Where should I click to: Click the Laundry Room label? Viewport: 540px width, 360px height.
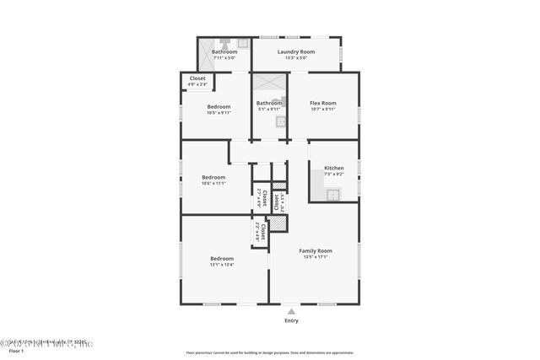pos(296,52)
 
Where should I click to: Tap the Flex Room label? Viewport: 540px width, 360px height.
pos(323,103)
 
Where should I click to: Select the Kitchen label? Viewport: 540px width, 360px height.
pos(333,168)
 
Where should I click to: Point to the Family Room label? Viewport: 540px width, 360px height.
pos(316,250)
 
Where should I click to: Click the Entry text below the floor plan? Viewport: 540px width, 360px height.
pos(291,320)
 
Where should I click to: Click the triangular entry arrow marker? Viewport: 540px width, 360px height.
pos(291,311)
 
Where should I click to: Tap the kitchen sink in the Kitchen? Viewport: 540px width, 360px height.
pos(332,195)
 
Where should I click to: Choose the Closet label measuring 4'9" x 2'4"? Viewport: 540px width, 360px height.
pos(197,78)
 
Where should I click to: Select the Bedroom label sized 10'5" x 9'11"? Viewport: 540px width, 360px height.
pos(219,107)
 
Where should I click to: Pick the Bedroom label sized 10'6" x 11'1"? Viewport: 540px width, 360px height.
pos(213,177)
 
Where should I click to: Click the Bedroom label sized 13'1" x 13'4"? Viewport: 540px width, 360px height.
pos(222,258)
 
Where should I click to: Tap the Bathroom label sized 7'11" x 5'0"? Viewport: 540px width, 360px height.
pos(224,52)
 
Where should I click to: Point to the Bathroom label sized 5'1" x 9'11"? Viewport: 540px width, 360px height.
pos(269,103)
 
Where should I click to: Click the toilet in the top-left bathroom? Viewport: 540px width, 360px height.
pos(225,40)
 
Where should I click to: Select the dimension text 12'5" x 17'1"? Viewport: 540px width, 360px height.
pos(316,256)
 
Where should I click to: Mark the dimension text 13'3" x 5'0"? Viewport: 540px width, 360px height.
pos(296,57)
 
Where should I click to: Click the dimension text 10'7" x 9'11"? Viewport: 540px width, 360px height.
pos(323,109)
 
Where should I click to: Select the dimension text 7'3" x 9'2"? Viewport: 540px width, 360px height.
pos(333,174)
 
